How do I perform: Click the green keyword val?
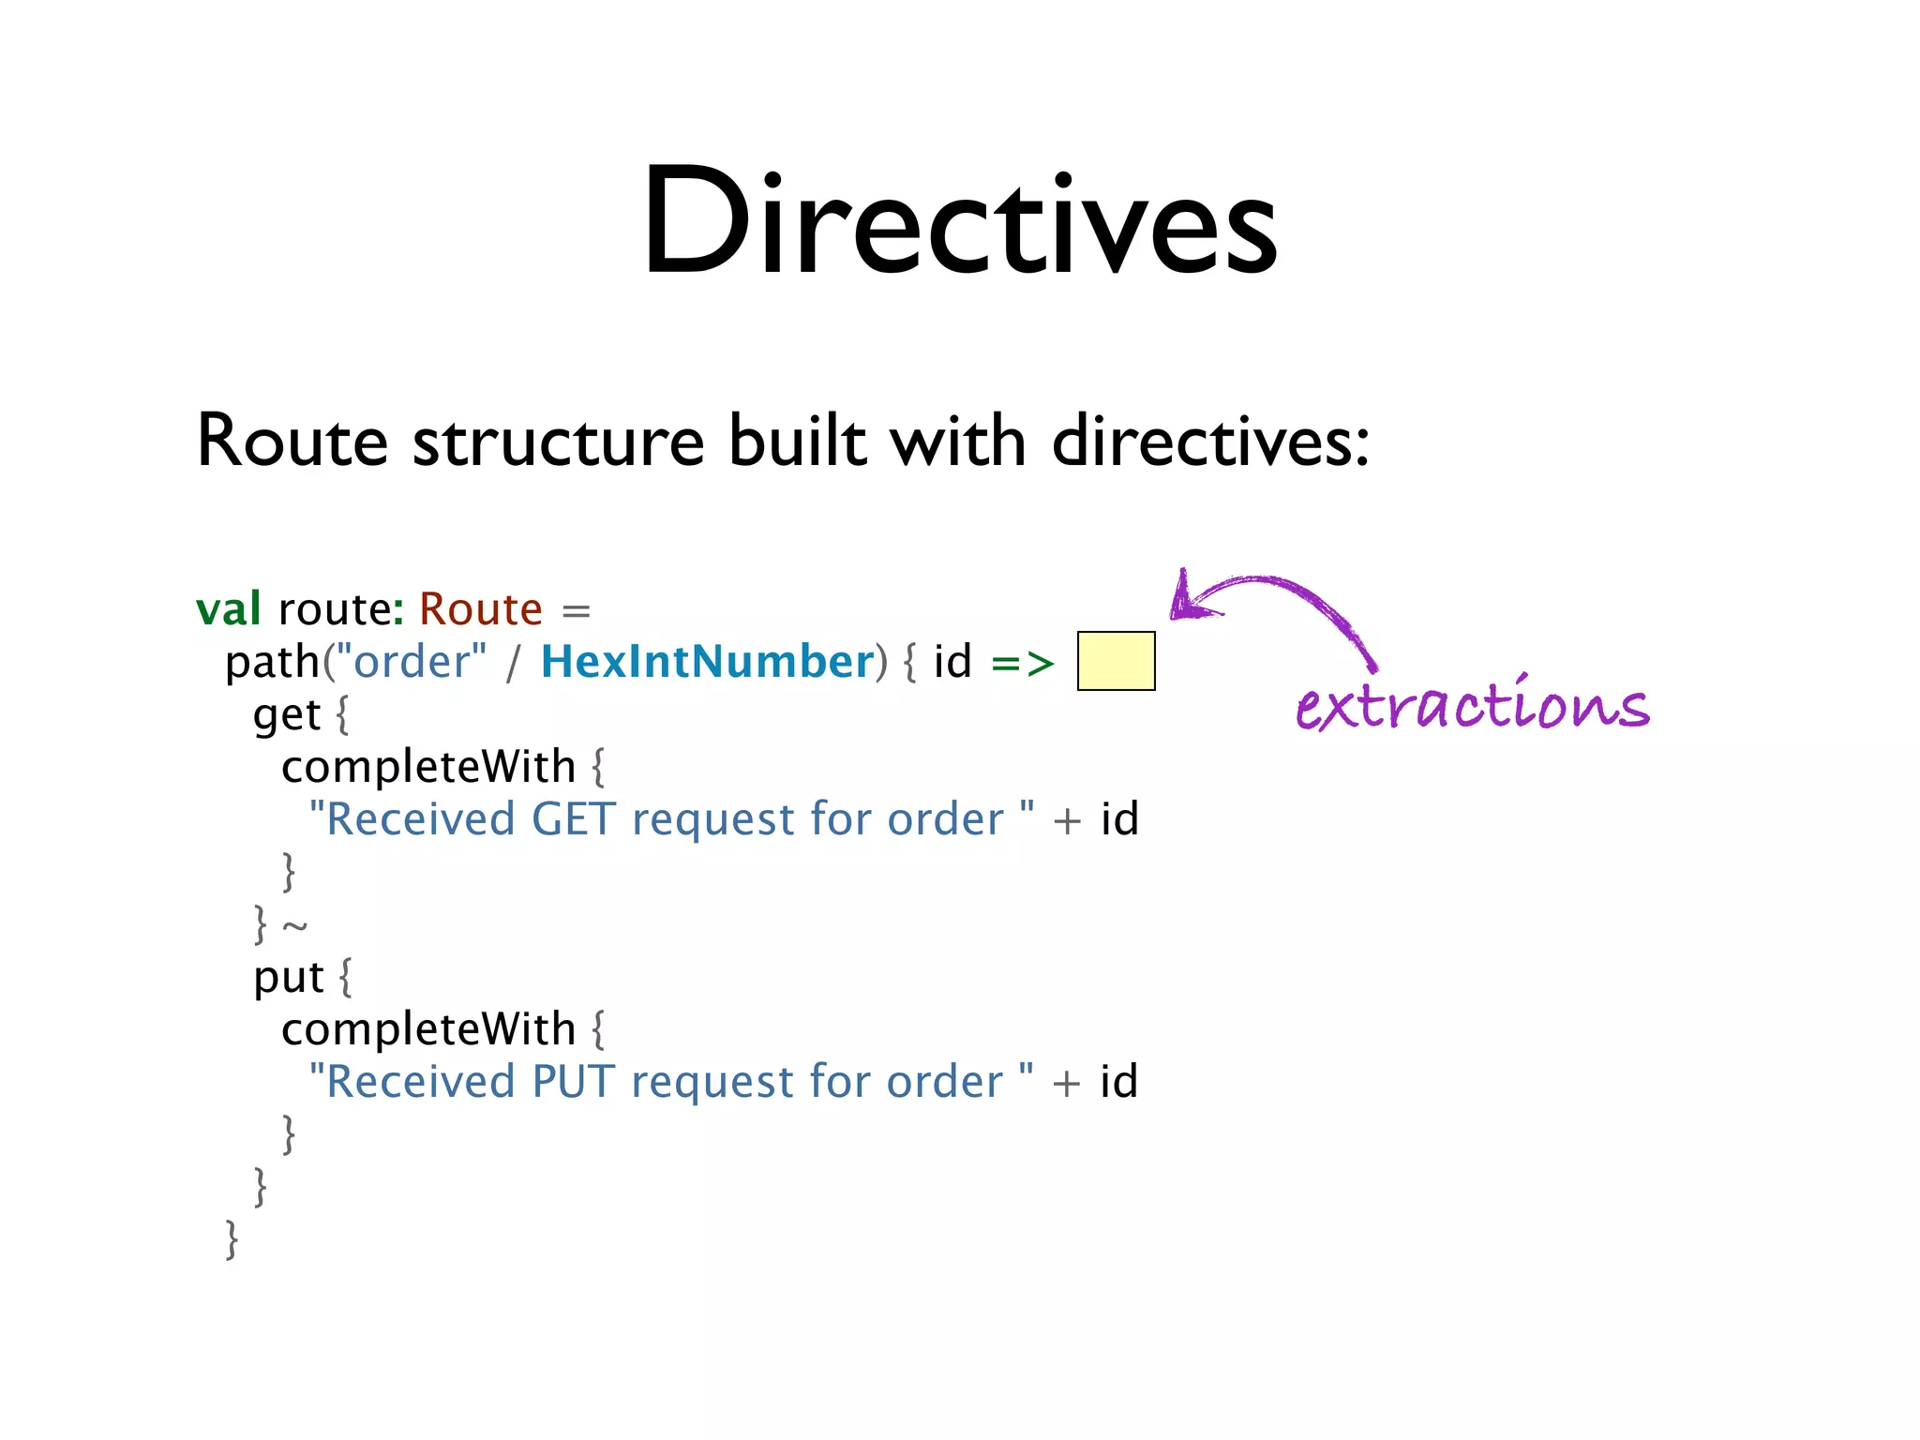pos(228,609)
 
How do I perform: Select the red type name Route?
pos(480,609)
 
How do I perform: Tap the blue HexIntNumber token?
pos(708,662)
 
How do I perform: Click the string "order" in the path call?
pos(412,662)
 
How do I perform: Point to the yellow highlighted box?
pos(1116,661)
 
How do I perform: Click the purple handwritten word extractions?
pos(1472,705)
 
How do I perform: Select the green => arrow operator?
pos(1023,663)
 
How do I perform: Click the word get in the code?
pos(286,715)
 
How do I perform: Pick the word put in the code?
pos(288,978)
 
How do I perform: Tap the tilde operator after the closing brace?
pos(294,926)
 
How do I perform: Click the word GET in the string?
pos(573,819)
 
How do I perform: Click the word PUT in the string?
pos(573,1082)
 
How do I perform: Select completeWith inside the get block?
pos(427,767)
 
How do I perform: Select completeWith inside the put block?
pos(427,1029)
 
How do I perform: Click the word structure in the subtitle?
pos(558,441)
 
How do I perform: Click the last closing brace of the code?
pos(232,1239)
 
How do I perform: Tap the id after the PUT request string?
pos(1118,1082)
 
